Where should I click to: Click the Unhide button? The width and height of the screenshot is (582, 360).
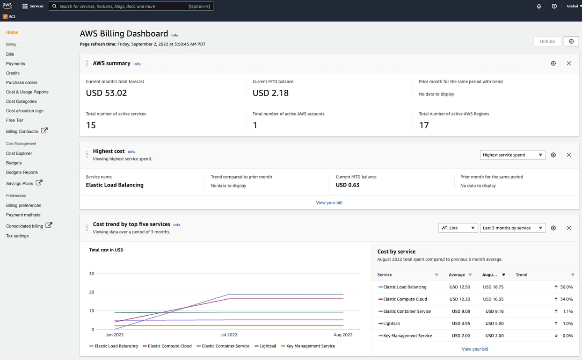click(547, 41)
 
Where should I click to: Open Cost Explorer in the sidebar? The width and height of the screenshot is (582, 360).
click(19, 153)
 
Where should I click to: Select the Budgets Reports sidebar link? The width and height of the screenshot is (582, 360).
click(22, 172)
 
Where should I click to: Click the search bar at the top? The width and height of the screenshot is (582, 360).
click(131, 7)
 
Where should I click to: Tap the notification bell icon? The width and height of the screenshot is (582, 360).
click(539, 7)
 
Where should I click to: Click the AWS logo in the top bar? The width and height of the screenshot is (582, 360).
click(7, 6)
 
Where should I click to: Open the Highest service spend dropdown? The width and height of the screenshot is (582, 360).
click(512, 155)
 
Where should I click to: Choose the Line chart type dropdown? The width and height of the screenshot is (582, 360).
click(458, 228)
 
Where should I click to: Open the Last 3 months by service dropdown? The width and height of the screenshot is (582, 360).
click(512, 228)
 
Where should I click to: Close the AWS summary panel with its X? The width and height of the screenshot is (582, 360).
click(569, 63)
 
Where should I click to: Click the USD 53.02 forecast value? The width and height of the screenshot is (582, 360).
click(106, 93)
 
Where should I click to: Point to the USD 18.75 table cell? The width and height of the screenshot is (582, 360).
click(493, 287)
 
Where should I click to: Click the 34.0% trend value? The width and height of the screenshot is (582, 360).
click(566, 299)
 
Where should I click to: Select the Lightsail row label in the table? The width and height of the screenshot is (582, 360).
click(392, 324)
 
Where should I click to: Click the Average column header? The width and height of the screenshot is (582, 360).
click(457, 275)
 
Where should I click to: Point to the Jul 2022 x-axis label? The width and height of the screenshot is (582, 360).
click(229, 335)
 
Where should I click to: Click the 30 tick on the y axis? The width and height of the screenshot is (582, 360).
click(92, 274)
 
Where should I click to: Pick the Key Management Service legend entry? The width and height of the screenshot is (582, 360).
click(310, 346)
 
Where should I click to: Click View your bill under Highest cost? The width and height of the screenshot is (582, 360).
click(329, 202)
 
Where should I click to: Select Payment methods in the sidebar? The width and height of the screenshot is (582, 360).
click(23, 215)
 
